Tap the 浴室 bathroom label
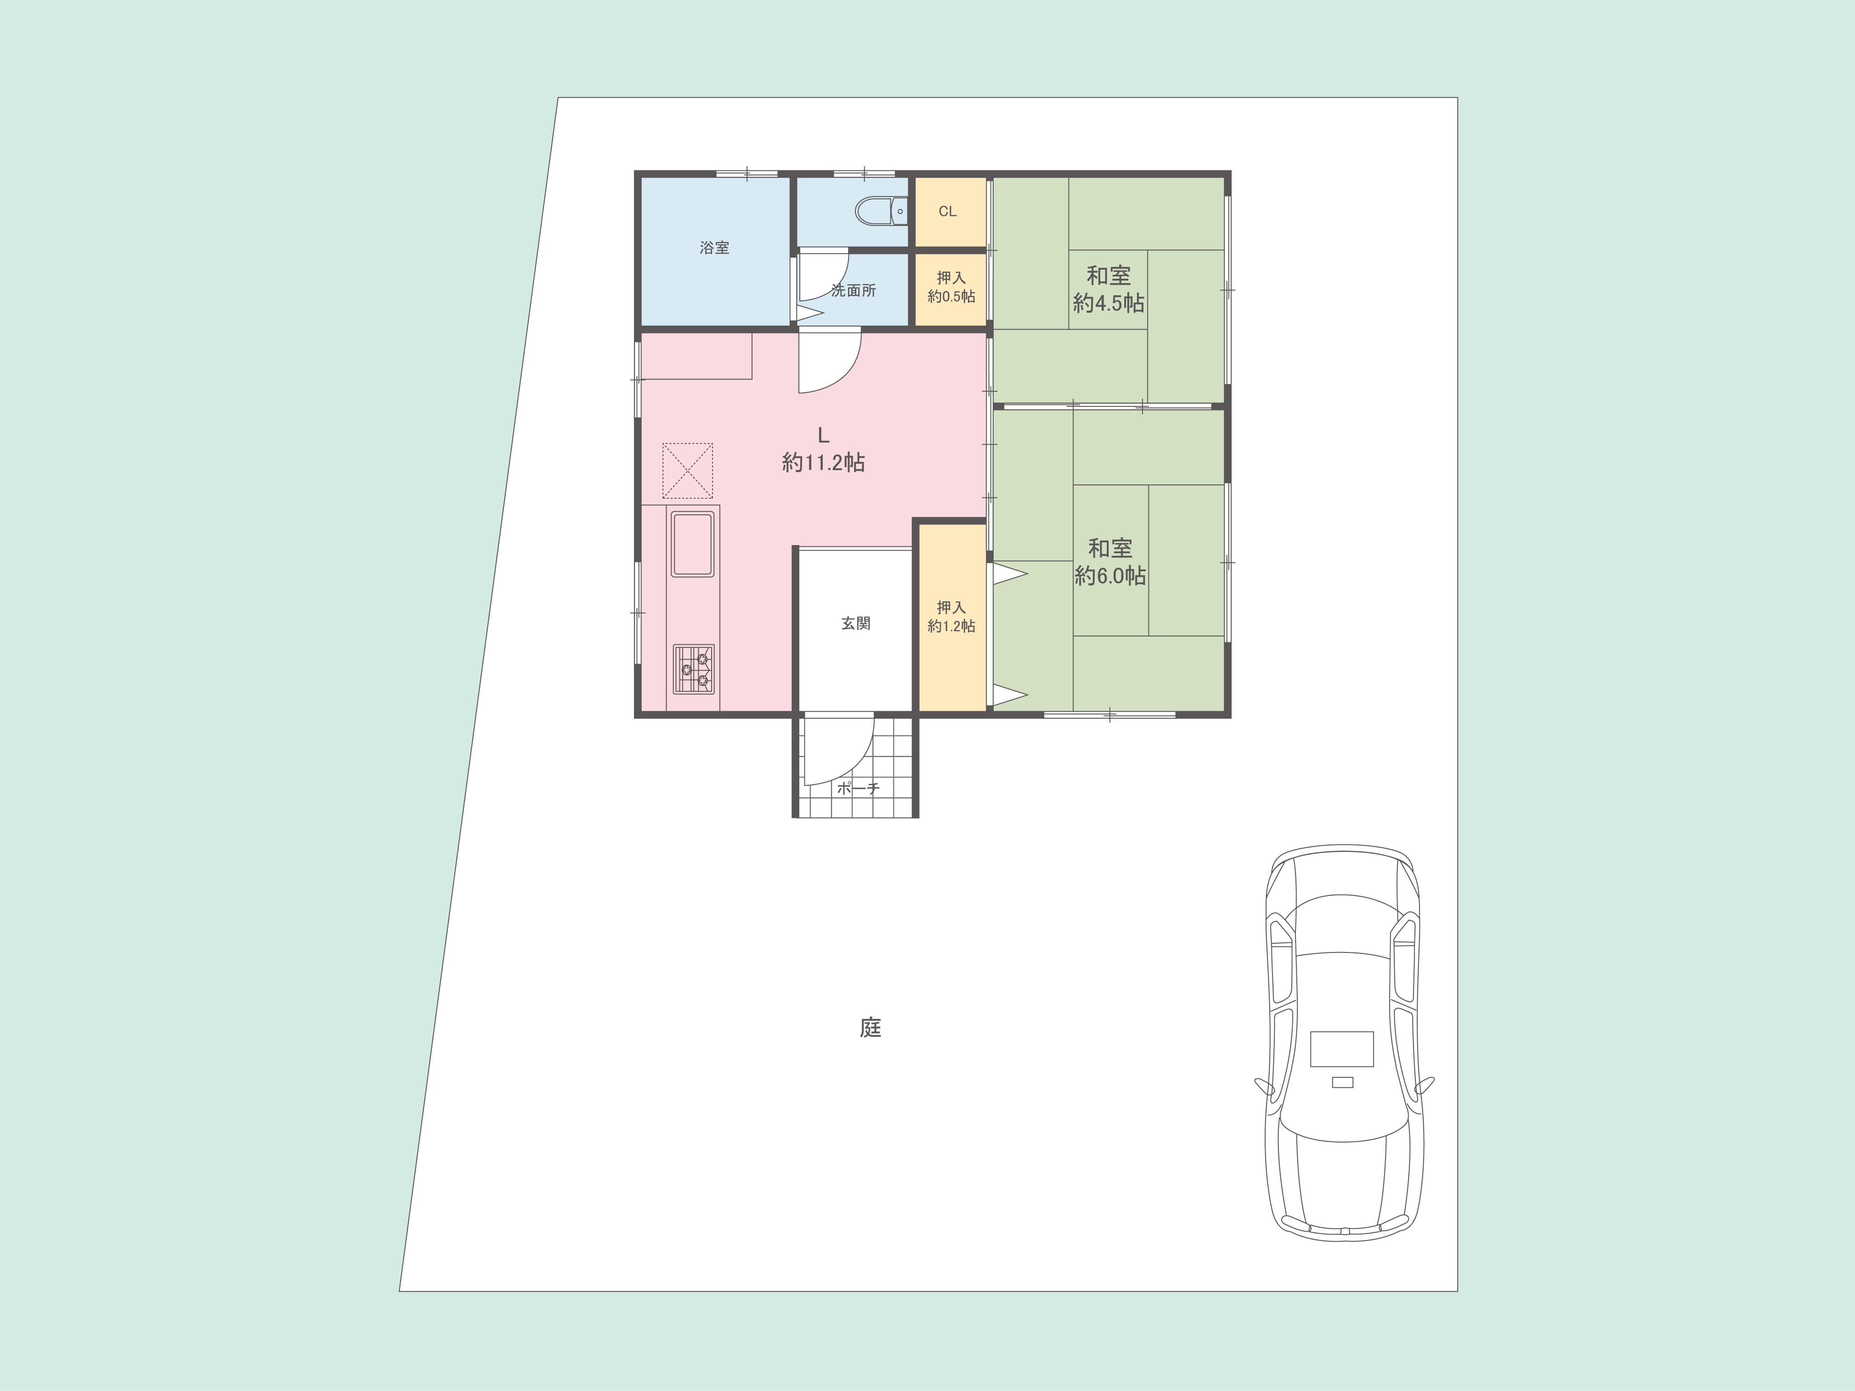tap(714, 248)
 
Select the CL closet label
tap(948, 211)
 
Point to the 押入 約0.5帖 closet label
tap(951, 287)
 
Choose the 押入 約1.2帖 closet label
tap(951, 616)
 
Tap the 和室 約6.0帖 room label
tap(1110, 562)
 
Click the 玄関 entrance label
tap(855, 624)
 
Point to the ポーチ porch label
tap(858, 788)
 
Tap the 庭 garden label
tap(871, 1028)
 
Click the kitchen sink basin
tap(693, 545)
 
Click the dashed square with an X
tap(688, 470)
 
